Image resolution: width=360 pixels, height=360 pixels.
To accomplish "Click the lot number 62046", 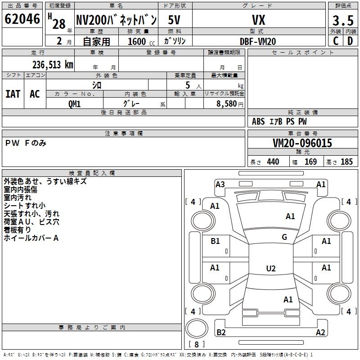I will [22, 19].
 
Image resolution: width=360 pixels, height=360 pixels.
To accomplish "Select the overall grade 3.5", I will [342, 21].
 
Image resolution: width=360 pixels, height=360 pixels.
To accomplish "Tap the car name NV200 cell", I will [116, 20].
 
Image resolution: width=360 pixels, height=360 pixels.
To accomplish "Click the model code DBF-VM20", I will [258, 41].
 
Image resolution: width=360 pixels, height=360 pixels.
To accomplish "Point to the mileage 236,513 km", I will [53, 64].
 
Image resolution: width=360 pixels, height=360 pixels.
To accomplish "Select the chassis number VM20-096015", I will [302, 143].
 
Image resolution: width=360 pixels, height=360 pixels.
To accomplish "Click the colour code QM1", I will [74, 103].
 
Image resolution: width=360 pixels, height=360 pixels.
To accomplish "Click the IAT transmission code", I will [13, 94].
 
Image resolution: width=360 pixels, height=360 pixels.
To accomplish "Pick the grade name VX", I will [258, 20].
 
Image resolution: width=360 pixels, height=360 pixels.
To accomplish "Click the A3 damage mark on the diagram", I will [220, 184].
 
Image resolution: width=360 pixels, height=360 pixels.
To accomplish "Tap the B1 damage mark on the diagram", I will [215, 241].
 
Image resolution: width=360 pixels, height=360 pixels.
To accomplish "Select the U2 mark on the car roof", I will [270, 269].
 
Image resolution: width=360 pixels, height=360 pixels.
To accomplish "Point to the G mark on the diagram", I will [284, 237].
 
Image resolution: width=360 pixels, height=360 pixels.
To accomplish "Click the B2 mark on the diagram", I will [221, 332].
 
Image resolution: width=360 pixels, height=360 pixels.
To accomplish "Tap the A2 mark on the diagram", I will [320, 333].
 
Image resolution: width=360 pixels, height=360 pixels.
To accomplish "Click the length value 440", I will [273, 162].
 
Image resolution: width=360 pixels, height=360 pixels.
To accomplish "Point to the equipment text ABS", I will [258, 121].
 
